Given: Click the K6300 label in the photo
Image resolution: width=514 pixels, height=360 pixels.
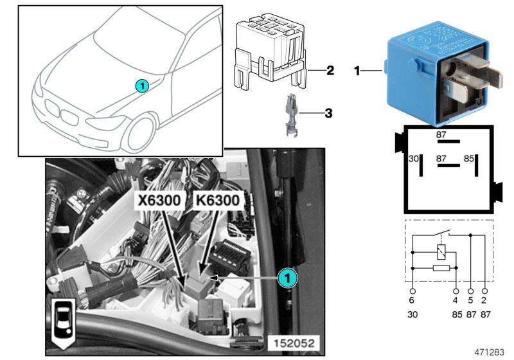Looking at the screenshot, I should (217, 201).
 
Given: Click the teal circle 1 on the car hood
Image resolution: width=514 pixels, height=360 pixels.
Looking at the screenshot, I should (143, 85).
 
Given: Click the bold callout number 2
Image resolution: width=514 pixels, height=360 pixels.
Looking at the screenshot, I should (330, 70).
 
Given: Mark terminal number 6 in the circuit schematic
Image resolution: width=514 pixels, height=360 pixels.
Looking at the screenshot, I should (412, 300).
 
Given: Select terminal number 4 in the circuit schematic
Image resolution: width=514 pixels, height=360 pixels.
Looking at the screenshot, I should (455, 300).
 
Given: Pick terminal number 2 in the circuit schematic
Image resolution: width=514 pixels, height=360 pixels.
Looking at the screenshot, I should (484, 300).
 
